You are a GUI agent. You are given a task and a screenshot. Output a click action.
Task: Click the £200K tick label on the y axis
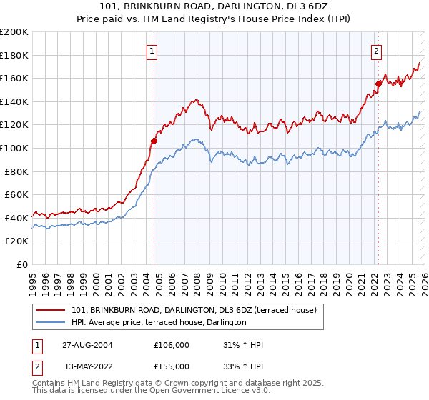[x=14, y=32]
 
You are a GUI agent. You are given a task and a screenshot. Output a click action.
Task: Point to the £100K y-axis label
[x=14, y=148]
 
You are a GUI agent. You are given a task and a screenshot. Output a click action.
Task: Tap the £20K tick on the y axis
[x=16, y=241]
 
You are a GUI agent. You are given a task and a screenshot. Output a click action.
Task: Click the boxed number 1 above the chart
[x=154, y=50]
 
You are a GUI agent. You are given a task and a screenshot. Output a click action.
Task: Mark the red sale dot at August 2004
[x=154, y=141]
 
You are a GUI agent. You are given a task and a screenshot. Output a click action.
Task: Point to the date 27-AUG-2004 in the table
[x=88, y=345]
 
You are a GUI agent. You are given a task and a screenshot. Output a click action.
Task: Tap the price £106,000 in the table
[x=172, y=345]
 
